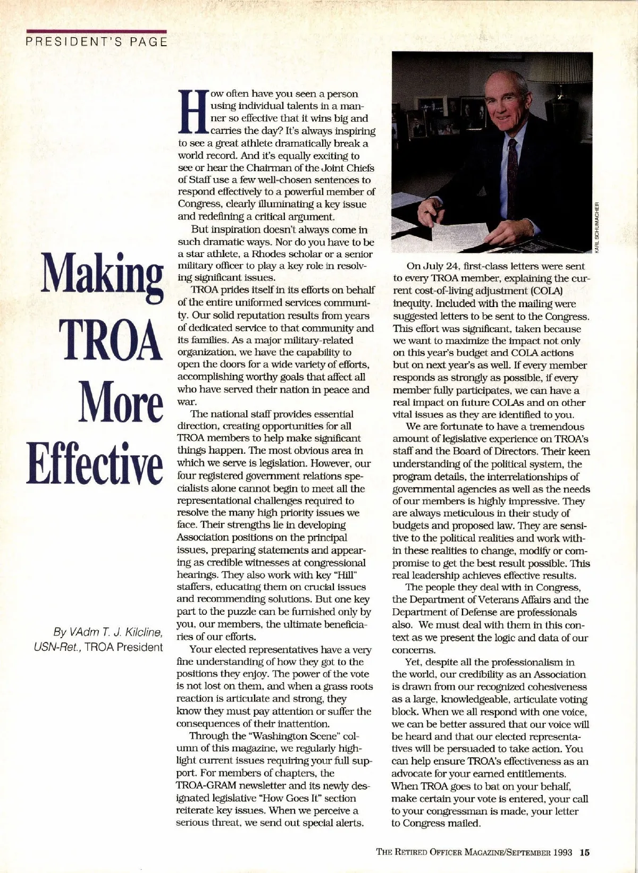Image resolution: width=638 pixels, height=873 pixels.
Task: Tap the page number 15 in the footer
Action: [x=585, y=853]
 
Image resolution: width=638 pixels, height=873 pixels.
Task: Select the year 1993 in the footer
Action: [x=561, y=853]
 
